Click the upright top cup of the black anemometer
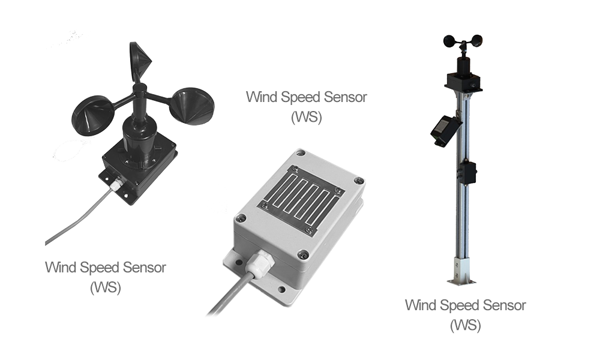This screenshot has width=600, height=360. tap(140, 61)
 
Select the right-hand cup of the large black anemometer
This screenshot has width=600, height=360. tap(192, 106)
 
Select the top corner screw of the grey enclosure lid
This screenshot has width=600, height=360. tap(301, 153)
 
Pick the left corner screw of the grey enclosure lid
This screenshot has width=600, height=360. tap(241, 218)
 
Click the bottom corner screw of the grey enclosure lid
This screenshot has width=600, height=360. tap(303, 254)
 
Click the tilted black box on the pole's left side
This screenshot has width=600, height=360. tap(445, 130)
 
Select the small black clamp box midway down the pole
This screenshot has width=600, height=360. tap(467, 173)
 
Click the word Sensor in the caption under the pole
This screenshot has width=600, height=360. tap(504, 305)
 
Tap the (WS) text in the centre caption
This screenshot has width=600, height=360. tap(307, 116)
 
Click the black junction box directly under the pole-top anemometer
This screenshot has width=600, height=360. tap(463, 82)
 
